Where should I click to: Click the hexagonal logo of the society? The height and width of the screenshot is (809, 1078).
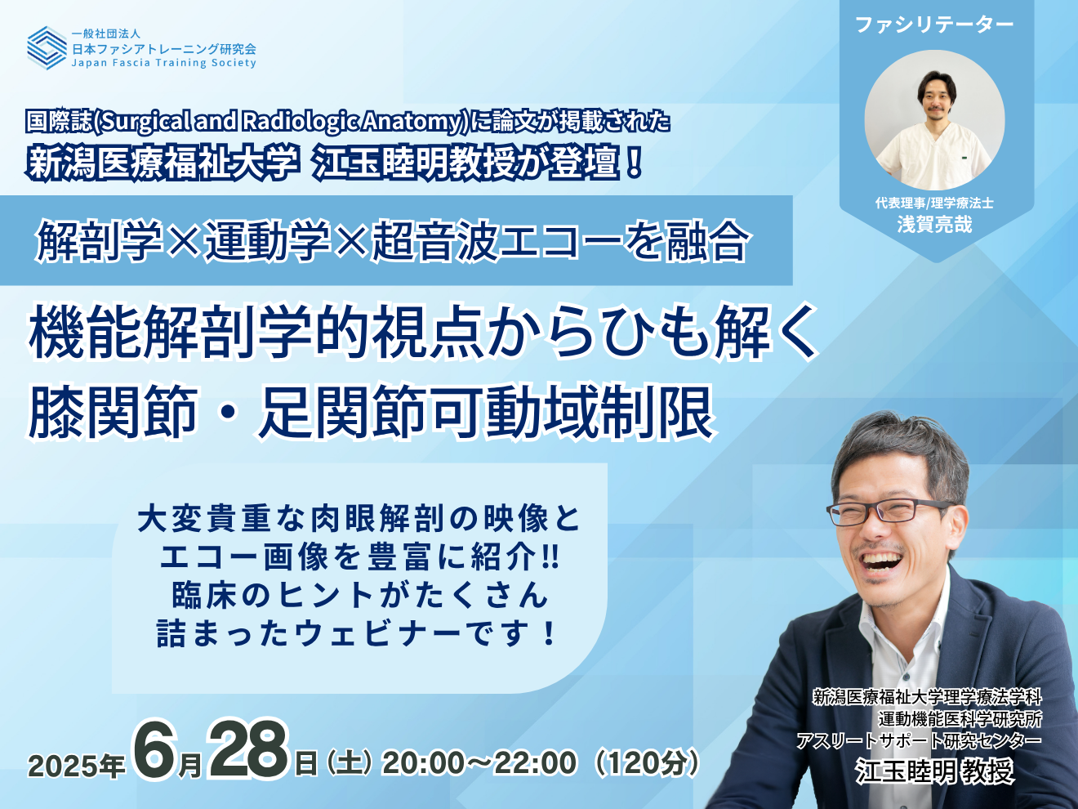click(47, 47)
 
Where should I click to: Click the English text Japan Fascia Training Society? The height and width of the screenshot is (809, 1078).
click(164, 63)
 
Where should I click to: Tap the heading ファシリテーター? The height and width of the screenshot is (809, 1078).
click(934, 25)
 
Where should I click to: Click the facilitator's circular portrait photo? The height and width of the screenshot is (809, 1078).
click(934, 120)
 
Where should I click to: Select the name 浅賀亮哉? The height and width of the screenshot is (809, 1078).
click(934, 225)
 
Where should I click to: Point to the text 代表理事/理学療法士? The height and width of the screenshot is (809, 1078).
click(934, 203)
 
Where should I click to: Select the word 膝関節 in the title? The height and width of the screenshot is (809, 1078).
click(114, 412)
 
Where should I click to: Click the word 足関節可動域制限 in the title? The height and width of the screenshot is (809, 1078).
click(487, 412)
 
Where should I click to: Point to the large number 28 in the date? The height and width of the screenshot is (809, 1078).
click(247, 749)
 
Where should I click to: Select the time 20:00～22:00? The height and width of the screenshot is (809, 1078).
click(479, 762)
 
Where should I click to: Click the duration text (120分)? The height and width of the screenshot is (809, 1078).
click(646, 762)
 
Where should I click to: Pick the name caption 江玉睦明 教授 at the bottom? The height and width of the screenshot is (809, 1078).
click(934, 771)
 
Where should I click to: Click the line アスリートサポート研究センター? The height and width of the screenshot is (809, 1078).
click(919, 740)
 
